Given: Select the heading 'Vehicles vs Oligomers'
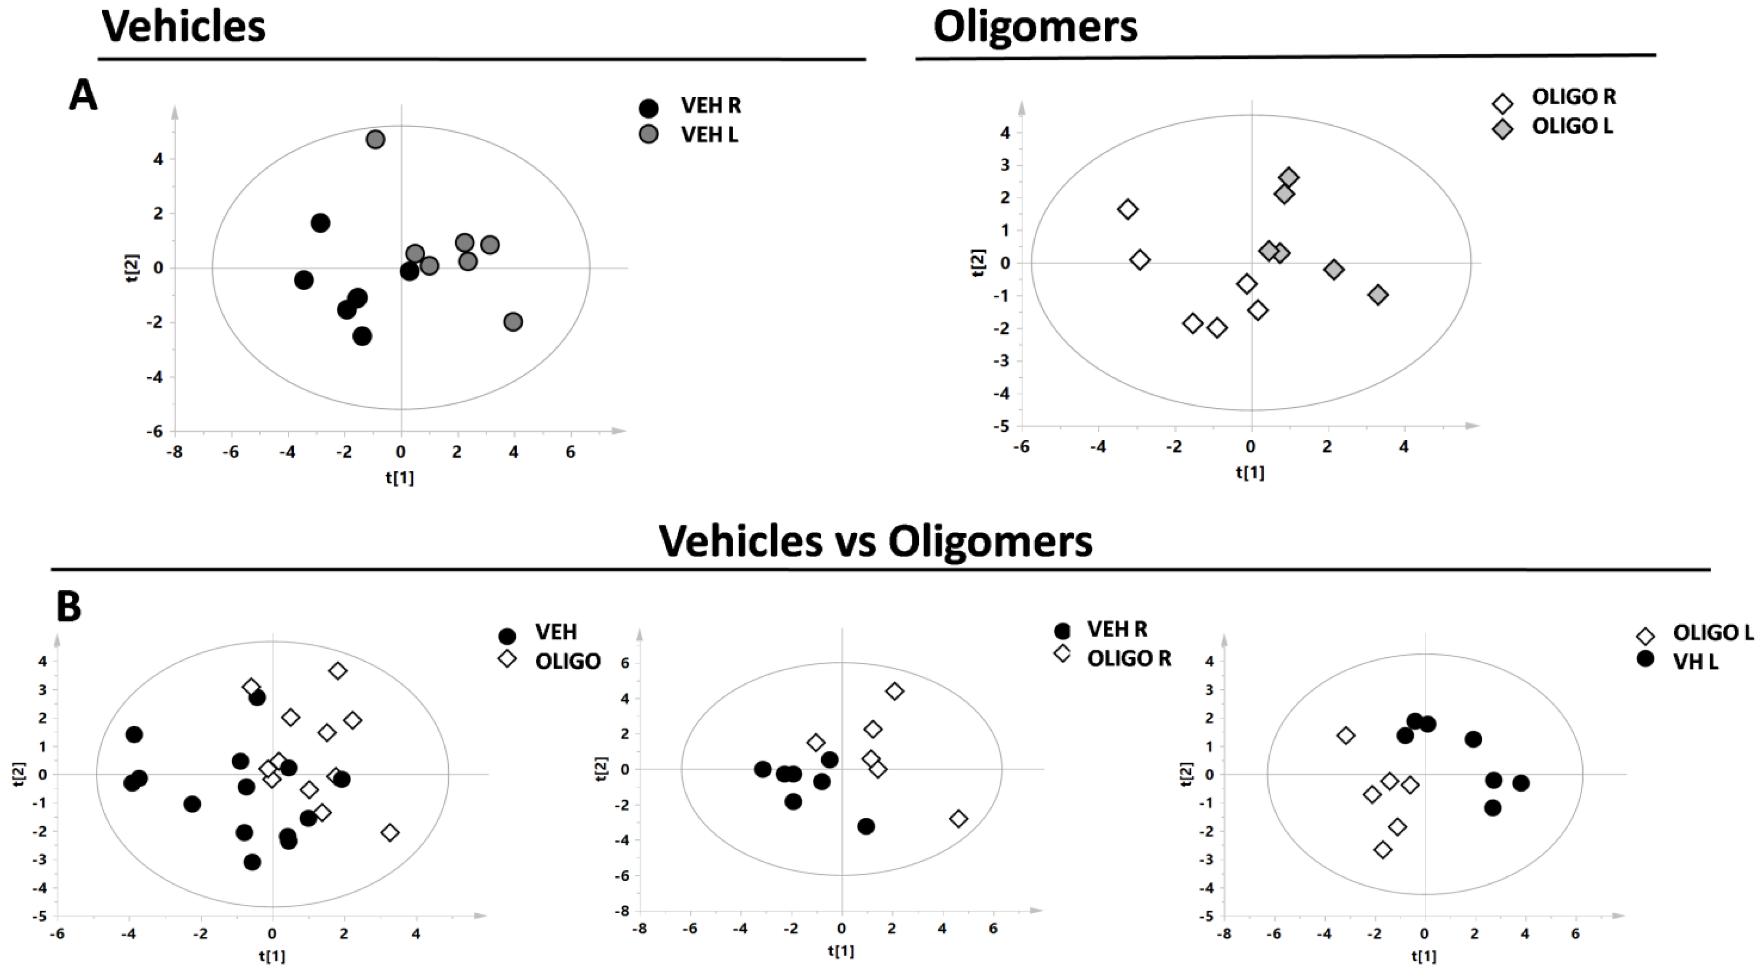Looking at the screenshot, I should (875, 542).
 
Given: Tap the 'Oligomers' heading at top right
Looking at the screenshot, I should (1035, 28).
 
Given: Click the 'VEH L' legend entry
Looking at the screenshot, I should (709, 135).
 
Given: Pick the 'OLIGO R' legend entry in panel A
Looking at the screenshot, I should (1573, 97).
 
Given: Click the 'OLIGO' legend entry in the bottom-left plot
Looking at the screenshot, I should (568, 661).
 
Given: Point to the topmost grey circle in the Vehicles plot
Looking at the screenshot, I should (375, 140).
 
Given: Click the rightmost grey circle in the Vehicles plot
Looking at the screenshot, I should (513, 322).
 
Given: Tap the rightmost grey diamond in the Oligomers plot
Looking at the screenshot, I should (1379, 295).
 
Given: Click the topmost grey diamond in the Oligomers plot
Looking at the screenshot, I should (1289, 177).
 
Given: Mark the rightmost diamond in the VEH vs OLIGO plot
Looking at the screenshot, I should (390, 833).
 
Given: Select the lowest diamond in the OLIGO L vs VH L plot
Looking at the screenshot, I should (1383, 850).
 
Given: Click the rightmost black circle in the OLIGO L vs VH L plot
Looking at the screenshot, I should (1521, 783).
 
